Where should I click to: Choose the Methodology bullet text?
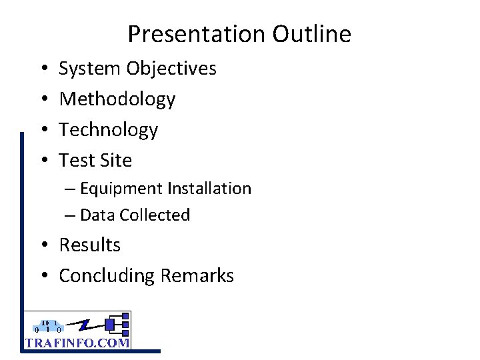117,99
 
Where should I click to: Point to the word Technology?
109,130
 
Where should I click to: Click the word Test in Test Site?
75,161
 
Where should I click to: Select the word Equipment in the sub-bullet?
121,189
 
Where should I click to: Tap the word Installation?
209,189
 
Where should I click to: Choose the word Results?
90,245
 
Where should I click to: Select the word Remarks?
199,276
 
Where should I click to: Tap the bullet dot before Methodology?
42,99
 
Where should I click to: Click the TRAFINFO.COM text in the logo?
77,343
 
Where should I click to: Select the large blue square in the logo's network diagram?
111,325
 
